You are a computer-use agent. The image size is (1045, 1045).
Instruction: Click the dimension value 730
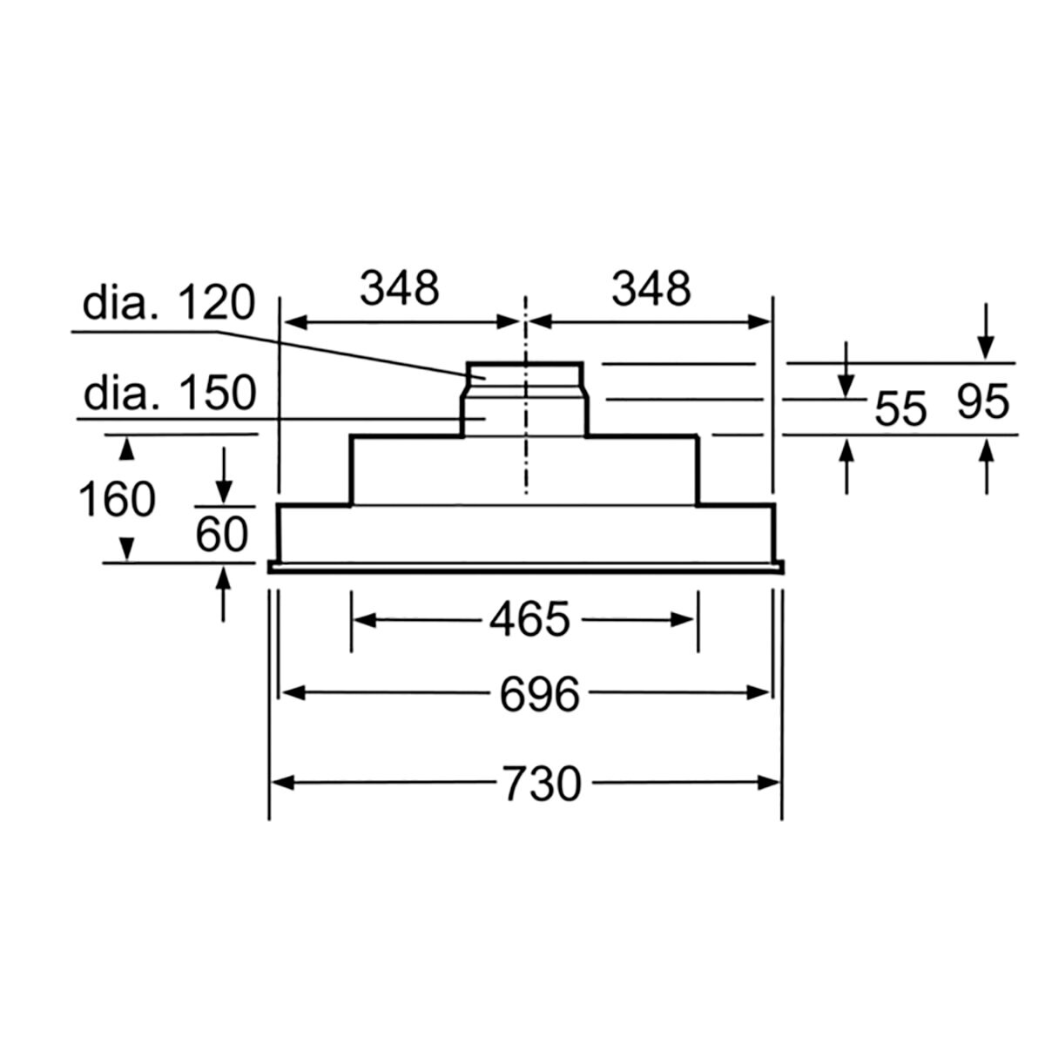[542, 783]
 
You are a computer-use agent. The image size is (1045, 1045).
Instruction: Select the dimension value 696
[540, 694]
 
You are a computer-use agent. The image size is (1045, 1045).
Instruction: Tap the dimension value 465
[529, 619]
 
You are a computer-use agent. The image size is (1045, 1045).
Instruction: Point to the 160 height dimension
[118, 500]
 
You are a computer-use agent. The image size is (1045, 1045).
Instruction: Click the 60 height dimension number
[222, 534]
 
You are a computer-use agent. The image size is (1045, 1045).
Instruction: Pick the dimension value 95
[982, 401]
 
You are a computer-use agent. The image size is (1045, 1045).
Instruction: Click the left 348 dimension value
[400, 288]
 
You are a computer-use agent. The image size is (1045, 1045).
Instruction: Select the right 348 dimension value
[651, 288]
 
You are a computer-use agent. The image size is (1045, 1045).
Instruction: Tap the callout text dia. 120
[169, 303]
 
